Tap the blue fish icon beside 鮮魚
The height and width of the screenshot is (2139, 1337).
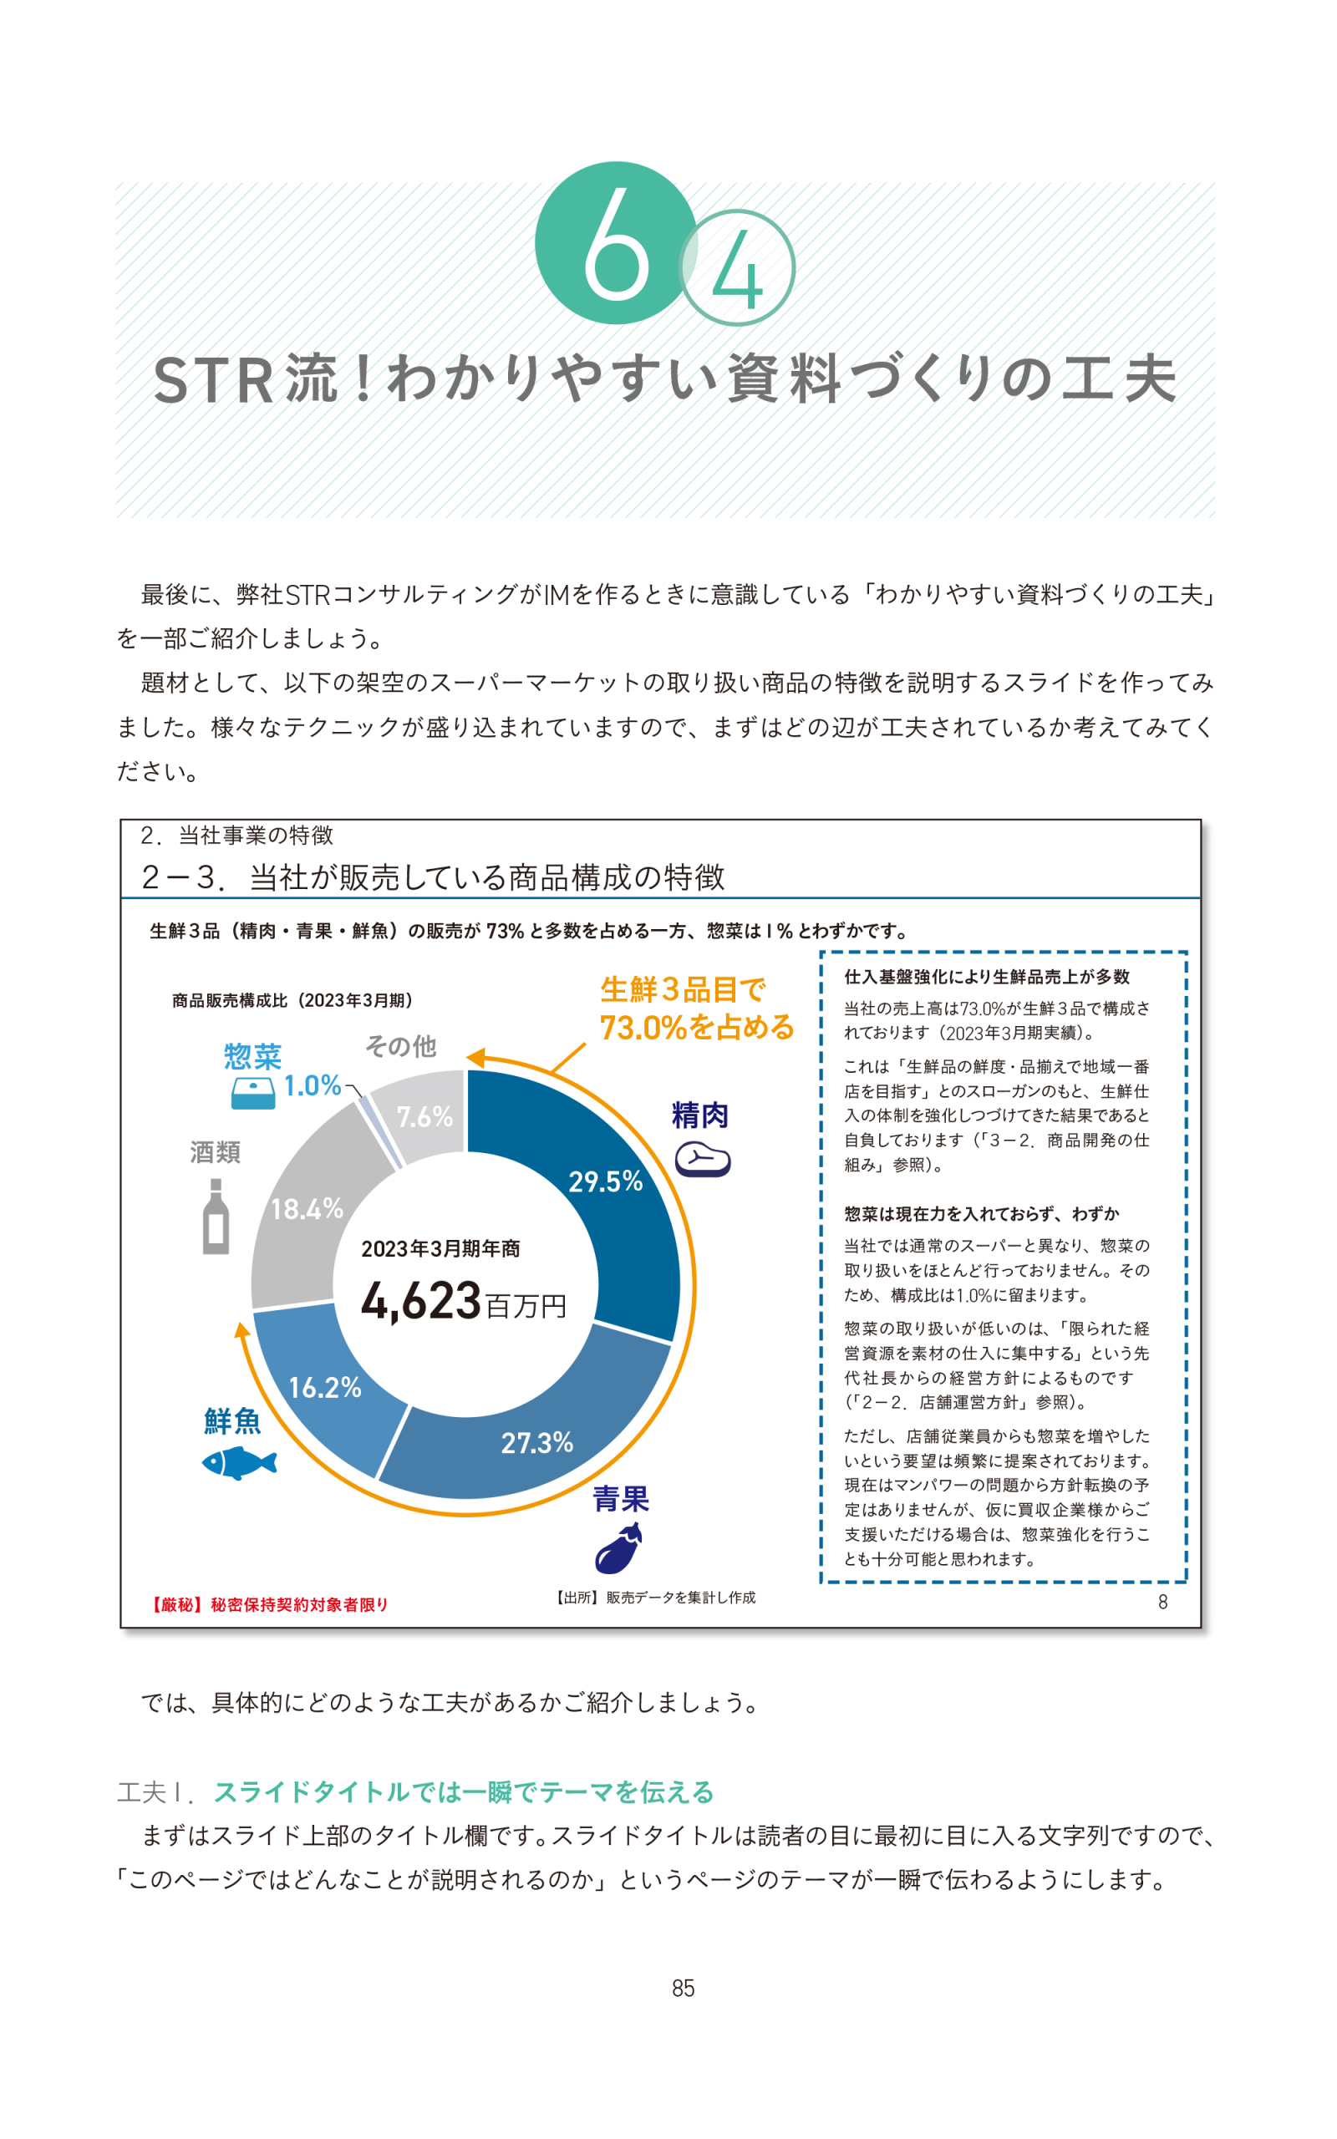(239, 1463)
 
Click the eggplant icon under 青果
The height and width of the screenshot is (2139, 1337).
(618, 1548)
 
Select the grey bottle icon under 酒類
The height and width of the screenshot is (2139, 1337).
(216, 1217)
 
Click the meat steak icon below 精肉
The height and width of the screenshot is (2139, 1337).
(703, 1160)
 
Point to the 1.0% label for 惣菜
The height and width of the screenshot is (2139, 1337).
(313, 1085)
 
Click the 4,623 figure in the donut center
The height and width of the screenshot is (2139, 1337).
(421, 1301)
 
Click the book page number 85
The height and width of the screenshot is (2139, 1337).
(683, 1988)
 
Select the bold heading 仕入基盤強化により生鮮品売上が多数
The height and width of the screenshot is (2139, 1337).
(986, 977)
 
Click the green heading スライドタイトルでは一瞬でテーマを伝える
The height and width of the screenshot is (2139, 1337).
(465, 1792)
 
